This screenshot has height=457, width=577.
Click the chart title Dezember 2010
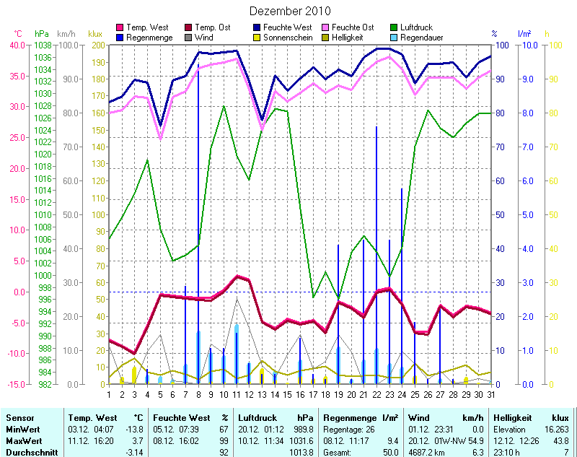290,11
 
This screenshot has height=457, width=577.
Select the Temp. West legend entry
147,27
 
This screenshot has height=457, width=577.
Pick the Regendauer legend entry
421,38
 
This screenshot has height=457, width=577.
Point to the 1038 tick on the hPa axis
41,45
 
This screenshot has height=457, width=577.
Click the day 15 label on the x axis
287,394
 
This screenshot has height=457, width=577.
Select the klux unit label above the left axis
95,33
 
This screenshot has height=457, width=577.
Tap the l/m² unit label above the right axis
524,33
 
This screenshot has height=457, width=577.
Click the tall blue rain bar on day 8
198,217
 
